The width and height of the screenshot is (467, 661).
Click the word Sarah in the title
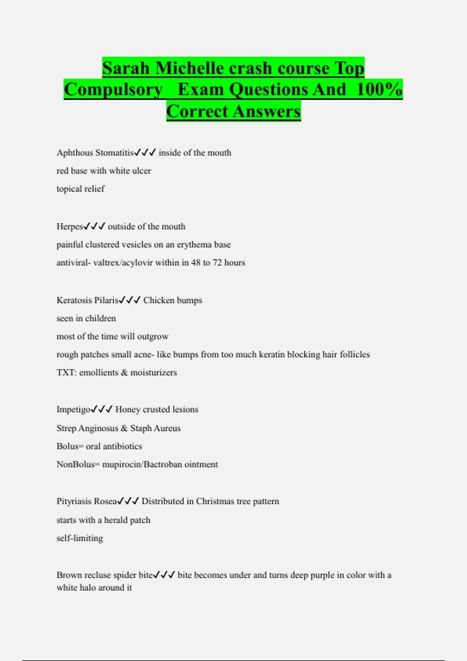126,68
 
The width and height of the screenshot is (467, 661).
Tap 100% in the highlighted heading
379,89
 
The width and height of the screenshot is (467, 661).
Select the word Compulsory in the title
113,89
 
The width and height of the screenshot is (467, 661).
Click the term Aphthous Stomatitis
95,153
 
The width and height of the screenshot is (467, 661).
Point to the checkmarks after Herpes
95,226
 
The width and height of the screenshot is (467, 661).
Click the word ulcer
141,171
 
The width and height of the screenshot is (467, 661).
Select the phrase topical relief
81,189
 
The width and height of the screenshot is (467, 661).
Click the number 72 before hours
217,263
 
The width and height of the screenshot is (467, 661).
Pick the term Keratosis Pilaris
87,300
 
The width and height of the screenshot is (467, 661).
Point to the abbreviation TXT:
67,372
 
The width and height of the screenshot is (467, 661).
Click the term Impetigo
74,409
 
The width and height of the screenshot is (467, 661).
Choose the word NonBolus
75,465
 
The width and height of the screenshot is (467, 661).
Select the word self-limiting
80,539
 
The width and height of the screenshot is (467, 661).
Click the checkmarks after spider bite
164,575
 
